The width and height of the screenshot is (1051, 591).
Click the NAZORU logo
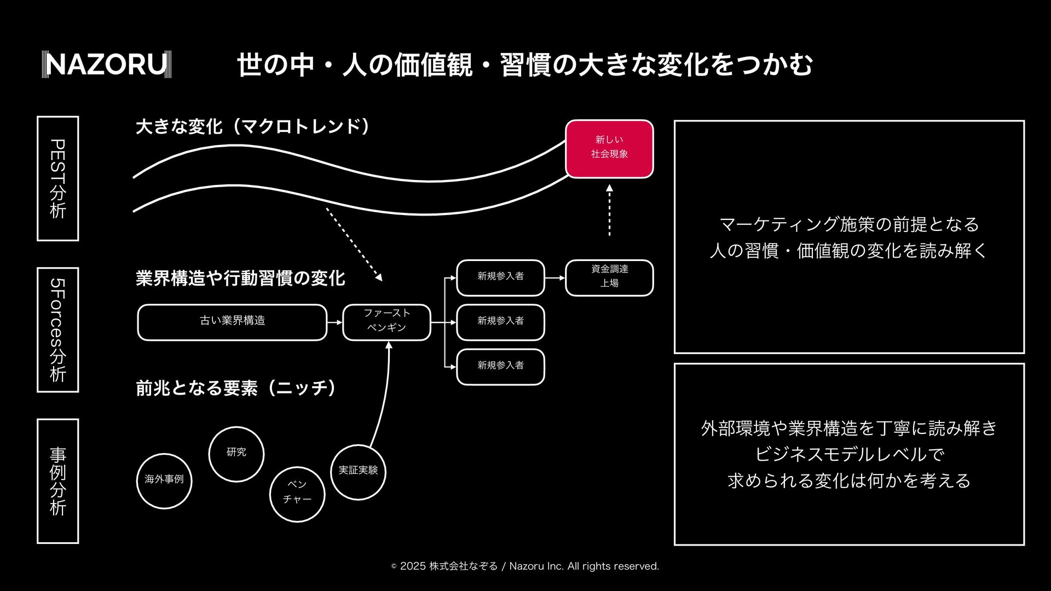[107, 65]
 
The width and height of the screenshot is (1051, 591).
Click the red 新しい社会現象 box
[609, 149]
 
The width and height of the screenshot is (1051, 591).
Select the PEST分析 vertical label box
[57, 178]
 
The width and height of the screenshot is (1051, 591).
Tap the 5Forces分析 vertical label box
[57, 330]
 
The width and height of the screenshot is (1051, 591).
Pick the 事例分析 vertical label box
[57, 481]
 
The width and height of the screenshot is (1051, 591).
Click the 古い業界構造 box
[232, 322]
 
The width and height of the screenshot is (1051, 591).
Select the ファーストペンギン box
[386, 322]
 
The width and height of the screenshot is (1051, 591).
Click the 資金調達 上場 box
[609, 278]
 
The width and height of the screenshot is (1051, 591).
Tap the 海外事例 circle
[164, 481]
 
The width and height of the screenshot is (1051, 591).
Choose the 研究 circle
[236, 454]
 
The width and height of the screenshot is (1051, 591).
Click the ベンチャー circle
[297, 494]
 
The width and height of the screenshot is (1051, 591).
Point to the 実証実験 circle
[358, 472]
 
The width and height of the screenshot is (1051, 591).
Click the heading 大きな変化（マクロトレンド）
[253, 127]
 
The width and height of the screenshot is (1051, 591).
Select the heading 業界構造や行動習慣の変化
[240, 278]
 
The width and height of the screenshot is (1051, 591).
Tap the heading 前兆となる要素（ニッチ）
[236, 388]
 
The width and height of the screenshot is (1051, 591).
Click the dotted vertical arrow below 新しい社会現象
[609, 211]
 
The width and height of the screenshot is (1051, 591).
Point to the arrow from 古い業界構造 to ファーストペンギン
[334, 322]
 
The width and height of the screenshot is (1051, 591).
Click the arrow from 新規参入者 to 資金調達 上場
[555, 278]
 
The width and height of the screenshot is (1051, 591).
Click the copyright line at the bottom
[525, 566]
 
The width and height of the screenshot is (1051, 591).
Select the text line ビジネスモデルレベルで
[849, 454]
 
